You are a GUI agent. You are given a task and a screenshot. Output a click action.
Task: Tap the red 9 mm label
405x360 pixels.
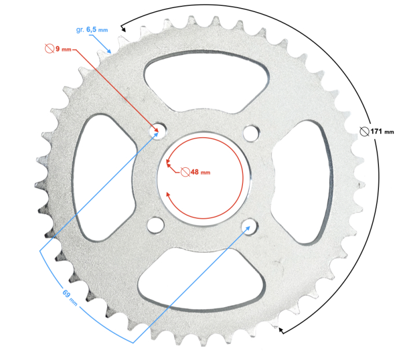click(62, 49)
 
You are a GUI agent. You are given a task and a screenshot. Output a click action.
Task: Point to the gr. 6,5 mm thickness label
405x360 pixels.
click(92, 30)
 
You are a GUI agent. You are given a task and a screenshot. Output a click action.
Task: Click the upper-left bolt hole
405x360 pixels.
click(156, 133)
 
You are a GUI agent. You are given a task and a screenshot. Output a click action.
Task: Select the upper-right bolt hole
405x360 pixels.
click(250, 133)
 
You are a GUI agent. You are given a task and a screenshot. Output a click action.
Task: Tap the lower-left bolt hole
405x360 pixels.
click(155, 224)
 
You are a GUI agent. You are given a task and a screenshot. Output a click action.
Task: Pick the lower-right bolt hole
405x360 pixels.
click(250, 225)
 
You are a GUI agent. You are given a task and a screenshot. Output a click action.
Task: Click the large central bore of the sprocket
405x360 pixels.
click(203, 179)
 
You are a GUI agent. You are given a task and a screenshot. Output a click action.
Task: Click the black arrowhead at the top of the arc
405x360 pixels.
click(123, 26)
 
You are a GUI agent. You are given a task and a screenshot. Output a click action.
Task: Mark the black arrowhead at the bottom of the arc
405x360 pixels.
click(281, 330)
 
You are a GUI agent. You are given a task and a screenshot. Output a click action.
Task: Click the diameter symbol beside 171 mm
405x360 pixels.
click(363, 131)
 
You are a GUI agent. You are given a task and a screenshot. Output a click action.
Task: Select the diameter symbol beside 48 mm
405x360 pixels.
click(185, 172)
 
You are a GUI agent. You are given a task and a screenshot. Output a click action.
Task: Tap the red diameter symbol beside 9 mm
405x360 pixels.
click(49, 49)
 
